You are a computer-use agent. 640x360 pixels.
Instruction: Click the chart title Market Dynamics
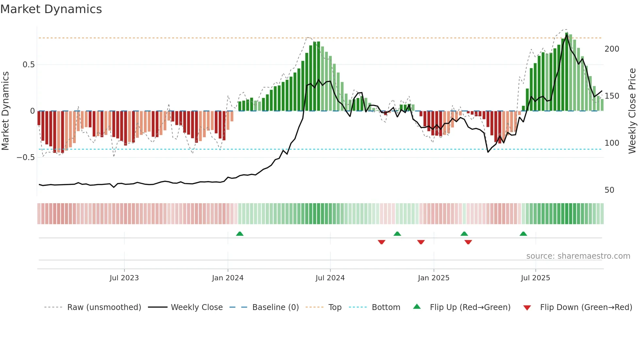pos(51,9)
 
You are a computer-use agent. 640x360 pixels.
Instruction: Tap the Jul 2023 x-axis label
pos(124,278)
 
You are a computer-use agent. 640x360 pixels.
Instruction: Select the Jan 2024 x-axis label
pos(228,278)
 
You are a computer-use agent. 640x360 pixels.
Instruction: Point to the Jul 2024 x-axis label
pos(330,278)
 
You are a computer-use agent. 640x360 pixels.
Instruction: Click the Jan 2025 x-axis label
pos(434,278)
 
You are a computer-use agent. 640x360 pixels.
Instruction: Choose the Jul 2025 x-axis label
pos(536,278)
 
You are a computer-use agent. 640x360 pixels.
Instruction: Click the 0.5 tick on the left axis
pos(29,65)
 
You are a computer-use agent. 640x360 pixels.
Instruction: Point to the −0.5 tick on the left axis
pos(26,157)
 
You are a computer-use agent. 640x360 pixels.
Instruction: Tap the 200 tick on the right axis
pos(612,49)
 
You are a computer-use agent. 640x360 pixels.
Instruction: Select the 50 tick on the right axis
pos(610,190)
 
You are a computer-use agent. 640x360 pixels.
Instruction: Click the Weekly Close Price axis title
pos(632,111)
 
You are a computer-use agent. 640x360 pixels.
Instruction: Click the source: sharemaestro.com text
pos(578,256)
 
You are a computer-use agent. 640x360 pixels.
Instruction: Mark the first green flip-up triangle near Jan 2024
pos(240,234)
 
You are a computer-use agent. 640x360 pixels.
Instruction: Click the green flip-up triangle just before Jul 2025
pos(523,234)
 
